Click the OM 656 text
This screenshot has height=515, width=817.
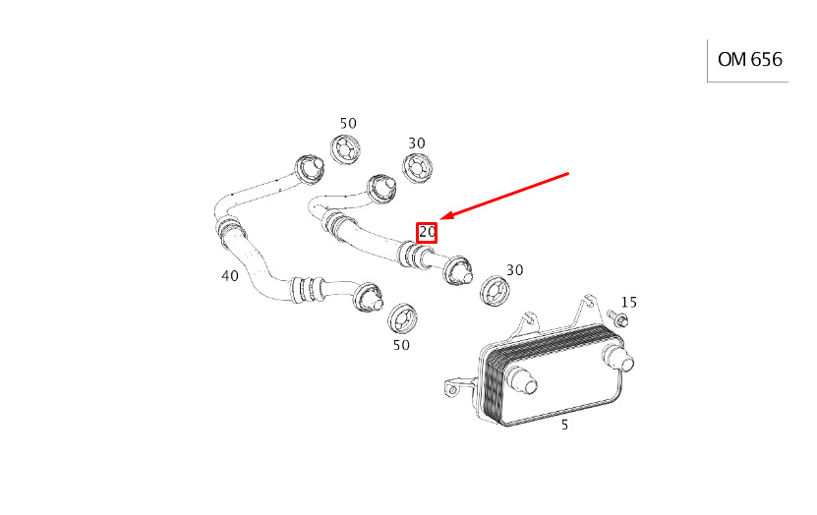click(x=749, y=59)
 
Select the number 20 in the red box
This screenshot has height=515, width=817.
click(x=427, y=232)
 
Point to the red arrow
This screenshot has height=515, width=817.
click(x=503, y=196)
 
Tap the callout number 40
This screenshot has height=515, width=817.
click(x=230, y=275)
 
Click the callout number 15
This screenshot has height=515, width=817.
click(x=629, y=302)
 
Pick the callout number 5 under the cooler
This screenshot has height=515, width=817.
click(x=564, y=425)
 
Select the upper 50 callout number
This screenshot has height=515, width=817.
click(x=348, y=124)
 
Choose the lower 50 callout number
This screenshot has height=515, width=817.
click(x=401, y=345)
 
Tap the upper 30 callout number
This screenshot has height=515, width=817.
click(x=417, y=143)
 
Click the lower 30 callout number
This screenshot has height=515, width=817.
click(x=515, y=269)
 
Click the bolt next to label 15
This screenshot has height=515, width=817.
click(x=617, y=318)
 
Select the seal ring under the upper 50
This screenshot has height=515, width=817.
click(x=345, y=149)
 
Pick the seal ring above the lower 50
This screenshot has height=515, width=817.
click(x=403, y=318)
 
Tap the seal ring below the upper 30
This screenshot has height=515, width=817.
click(x=418, y=167)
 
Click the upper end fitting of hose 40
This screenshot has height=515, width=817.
click(x=310, y=170)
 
